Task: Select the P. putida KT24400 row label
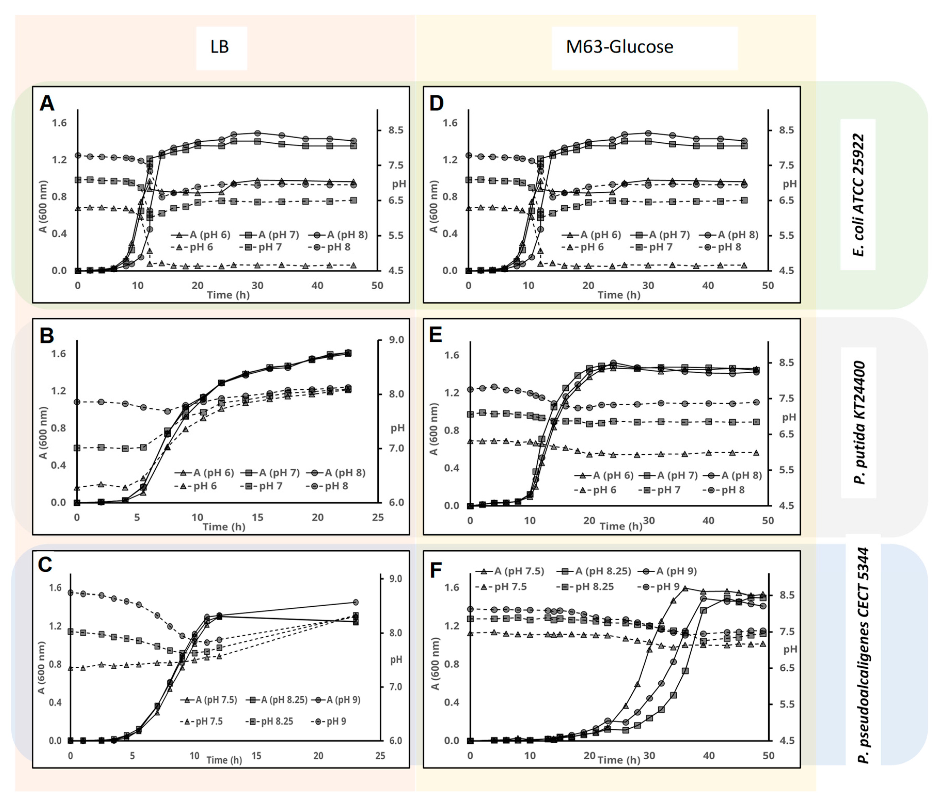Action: (x=859, y=423)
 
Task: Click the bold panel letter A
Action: (x=47, y=103)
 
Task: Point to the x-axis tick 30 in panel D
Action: (x=648, y=285)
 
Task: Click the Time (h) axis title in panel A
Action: (x=228, y=295)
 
